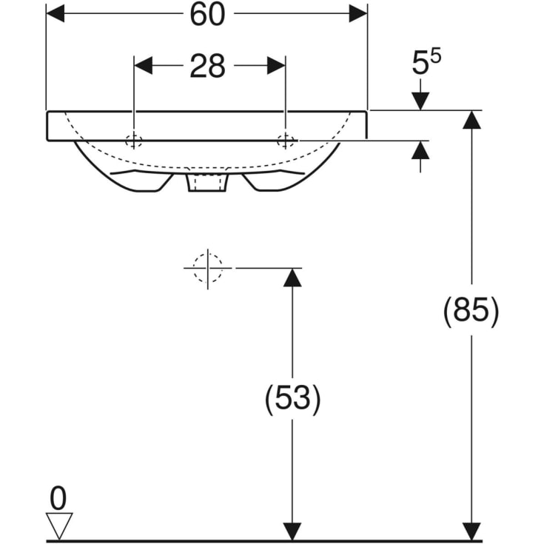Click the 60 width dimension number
[x=207, y=14]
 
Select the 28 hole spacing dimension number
[x=207, y=66]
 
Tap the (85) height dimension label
[x=471, y=311]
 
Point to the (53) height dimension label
[x=292, y=400]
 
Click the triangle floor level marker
[x=58, y=525]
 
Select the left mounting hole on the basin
[x=134, y=141]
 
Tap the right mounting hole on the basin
[x=285, y=141]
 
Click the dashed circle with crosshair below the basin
[x=208, y=267]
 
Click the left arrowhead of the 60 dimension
[x=56, y=14]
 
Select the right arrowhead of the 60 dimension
[x=358, y=14]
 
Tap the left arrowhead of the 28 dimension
[x=143, y=66]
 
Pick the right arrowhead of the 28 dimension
[x=276, y=66]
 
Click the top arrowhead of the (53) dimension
[x=292, y=277]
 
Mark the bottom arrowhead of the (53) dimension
[x=292, y=531]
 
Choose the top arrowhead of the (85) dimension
[x=471, y=119]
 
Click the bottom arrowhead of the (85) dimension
[x=471, y=531]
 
